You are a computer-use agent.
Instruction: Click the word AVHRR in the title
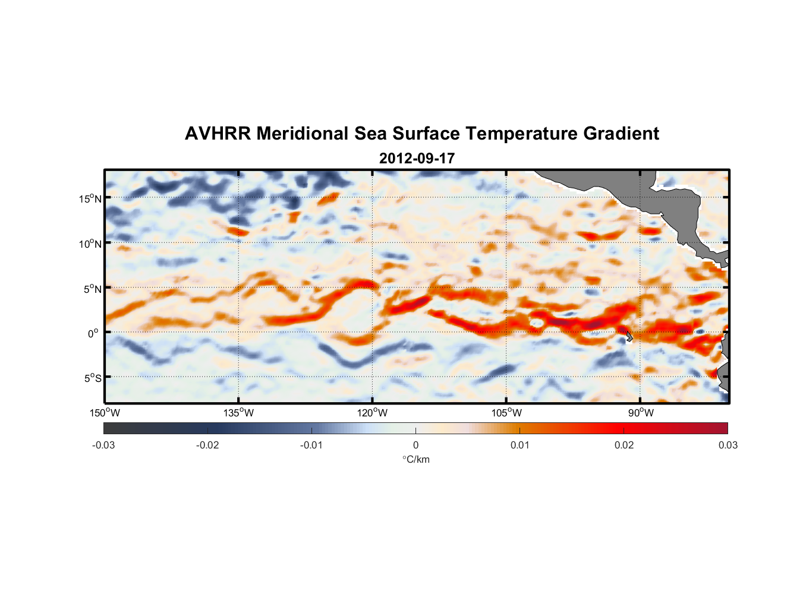[218, 134]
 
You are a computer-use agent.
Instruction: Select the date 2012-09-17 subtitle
[417, 159]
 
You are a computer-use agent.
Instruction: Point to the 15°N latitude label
[90, 198]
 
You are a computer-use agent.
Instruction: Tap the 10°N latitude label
[90, 244]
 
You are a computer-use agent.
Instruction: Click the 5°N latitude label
[92, 289]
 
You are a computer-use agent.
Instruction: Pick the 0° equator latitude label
[93, 333]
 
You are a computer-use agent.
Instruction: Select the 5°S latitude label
[92, 378]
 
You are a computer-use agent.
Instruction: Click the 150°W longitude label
[105, 413]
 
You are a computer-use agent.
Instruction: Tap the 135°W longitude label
[238, 413]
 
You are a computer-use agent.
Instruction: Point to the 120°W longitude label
[372, 413]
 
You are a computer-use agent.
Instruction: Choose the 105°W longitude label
[506, 413]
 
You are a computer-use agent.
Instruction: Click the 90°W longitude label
[640, 413]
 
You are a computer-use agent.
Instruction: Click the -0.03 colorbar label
[103, 445]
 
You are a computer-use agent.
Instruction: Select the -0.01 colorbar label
[311, 445]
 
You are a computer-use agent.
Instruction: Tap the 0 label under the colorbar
[415, 445]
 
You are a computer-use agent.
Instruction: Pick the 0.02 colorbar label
[624, 445]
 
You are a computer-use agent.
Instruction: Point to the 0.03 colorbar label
[728, 445]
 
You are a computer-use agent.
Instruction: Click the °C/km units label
[415, 459]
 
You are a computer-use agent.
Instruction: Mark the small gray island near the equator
[629, 337]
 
